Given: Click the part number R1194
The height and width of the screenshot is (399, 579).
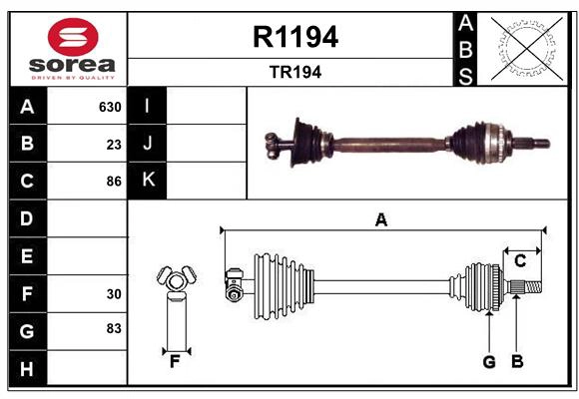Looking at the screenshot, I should pos(294,37).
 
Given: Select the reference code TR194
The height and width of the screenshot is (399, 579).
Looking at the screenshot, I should pos(294,72).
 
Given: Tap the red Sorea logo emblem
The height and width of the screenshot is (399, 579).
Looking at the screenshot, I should pos(72,37).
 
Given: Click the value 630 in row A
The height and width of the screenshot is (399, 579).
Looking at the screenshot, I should pos(109,107).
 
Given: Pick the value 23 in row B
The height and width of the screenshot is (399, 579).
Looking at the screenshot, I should pos(114,145).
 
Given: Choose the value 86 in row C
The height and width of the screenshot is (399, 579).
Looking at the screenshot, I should pos(114,182).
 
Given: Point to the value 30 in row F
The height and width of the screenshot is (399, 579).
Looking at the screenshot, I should pos(114,294).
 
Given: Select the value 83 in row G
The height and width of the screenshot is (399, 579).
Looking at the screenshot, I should pos(114,327).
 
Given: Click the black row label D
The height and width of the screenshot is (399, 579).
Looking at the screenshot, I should pos(27,218).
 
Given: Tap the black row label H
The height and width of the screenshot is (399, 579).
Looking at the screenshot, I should pos(27,369).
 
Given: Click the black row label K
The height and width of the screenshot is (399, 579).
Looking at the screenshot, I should pos(148,181).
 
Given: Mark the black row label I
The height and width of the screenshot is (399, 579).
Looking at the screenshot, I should pos(148,106).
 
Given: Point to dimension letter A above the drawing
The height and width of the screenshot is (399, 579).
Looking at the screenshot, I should pos(380,220).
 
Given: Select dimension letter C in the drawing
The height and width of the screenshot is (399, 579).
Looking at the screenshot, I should pos(520,260).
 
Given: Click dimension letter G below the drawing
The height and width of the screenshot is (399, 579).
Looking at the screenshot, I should pos(488,362).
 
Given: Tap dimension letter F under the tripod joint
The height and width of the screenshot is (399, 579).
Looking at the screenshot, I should pos(174,362).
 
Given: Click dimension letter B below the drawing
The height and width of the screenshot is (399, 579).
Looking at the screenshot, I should pos(516,362).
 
